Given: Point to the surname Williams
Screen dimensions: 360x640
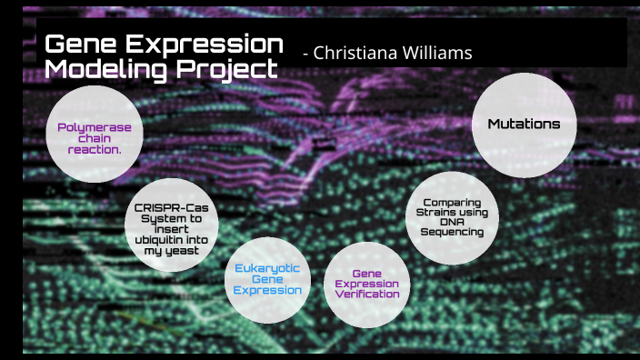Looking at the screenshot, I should click(x=436, y=53).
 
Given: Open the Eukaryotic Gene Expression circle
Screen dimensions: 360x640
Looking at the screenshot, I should click(x=267, y=279).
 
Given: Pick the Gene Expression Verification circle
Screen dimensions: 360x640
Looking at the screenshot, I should click(x=366, y=283).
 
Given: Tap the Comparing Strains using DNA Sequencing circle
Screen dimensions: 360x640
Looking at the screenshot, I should click(x=451, y=218).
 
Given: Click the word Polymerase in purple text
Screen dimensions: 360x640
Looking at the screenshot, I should click(x=95, y=127).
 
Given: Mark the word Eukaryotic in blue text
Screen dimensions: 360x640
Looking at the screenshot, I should click(x=267, y=268).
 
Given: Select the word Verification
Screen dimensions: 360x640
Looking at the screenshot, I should click(x=366, y=294).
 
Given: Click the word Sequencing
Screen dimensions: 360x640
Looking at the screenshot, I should click(x=451, y=232).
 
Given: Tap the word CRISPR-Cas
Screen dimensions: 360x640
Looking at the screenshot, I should click(x=170, y=208).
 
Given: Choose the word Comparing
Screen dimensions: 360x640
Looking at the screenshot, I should click(x=451, y=202).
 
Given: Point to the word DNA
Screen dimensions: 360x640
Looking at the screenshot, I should click(x=451, y=222).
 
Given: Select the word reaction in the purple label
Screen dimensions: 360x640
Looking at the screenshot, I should click(x=95, y=149).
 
